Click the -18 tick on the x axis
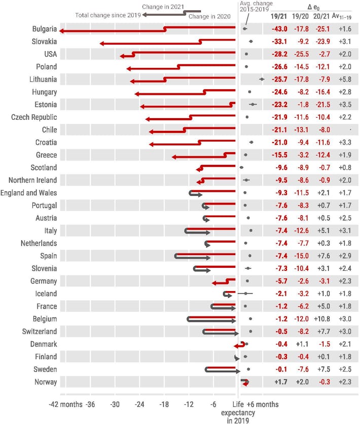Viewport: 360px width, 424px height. (x=164, y=404)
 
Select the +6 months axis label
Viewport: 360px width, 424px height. (x=262, y=404)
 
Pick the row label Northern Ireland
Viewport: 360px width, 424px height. (x=32, y=180)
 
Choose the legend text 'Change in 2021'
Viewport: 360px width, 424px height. (x=163, y=7)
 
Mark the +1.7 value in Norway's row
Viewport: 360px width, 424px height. (x=280, y=382)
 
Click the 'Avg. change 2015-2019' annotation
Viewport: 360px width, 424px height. (x=257, y=7)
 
